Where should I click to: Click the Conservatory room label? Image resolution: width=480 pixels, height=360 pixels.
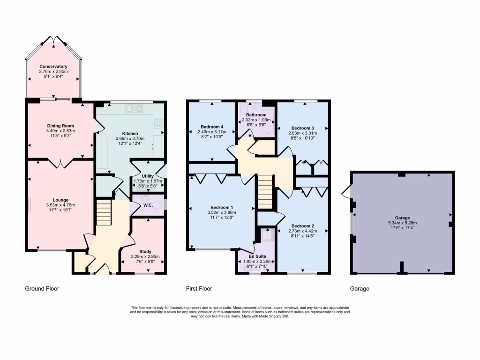[53, 67]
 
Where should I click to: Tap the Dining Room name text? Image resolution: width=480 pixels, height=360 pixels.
[60, 126]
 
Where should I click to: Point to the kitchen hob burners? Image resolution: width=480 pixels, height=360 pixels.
[159, 124]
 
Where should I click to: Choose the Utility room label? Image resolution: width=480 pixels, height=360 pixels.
[148, 176]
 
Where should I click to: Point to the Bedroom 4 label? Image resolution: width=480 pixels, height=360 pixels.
[212, 127]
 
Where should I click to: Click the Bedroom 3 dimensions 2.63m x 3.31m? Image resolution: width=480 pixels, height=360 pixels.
[302, 133]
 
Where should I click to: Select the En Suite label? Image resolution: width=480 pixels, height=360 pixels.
[256, 256]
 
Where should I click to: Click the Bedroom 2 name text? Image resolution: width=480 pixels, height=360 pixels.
[302, 225]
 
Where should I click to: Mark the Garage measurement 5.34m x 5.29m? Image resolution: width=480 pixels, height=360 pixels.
[402, 223]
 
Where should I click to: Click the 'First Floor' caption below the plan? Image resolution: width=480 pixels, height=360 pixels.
[199, 289]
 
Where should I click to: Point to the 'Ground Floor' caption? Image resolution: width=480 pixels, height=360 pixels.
[42, 289]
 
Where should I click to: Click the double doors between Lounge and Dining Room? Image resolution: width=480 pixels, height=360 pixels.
[60, 163]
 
